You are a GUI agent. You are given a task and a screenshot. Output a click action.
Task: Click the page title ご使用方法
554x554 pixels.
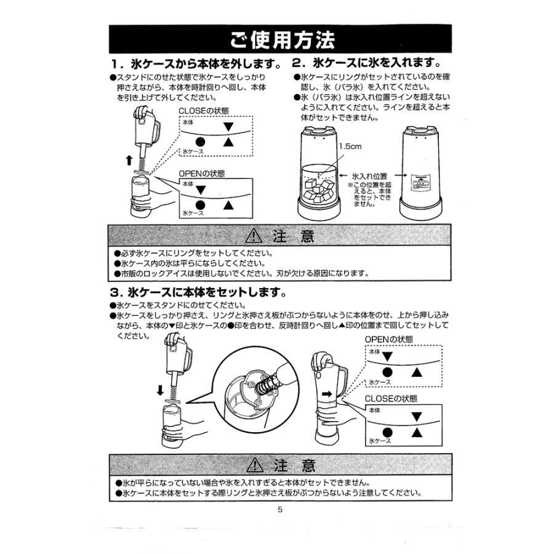[283, 41]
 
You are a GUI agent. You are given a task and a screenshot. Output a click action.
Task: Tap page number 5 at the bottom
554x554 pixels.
[279, 510]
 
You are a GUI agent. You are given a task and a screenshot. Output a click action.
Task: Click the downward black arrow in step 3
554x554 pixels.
[160, 390]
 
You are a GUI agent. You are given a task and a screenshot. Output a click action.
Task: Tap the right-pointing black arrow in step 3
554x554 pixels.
[327, 392]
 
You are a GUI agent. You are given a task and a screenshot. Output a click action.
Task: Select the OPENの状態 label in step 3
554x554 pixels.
[389, 340]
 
